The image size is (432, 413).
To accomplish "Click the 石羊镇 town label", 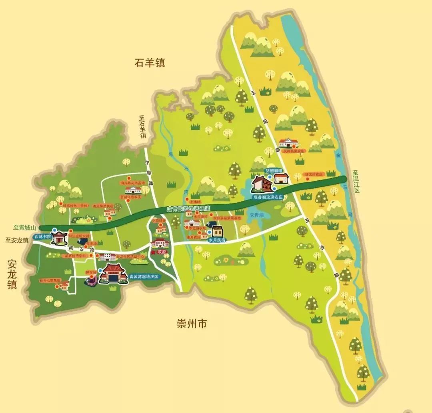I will (x=150, y=63).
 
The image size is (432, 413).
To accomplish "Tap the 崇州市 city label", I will (x=192, y=324).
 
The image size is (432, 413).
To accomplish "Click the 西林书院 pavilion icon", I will (x=60, y=237).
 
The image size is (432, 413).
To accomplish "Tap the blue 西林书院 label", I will (x=42, y=236).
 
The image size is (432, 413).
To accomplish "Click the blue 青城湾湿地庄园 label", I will (x=145, y=276).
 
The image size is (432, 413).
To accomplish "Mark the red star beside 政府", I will (x=153, y=252).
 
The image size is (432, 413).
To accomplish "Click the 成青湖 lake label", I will (x=256, y=215).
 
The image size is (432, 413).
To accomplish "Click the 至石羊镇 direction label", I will (x=142, y=127).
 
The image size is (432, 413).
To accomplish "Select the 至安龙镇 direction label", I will (x=17, y=240).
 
